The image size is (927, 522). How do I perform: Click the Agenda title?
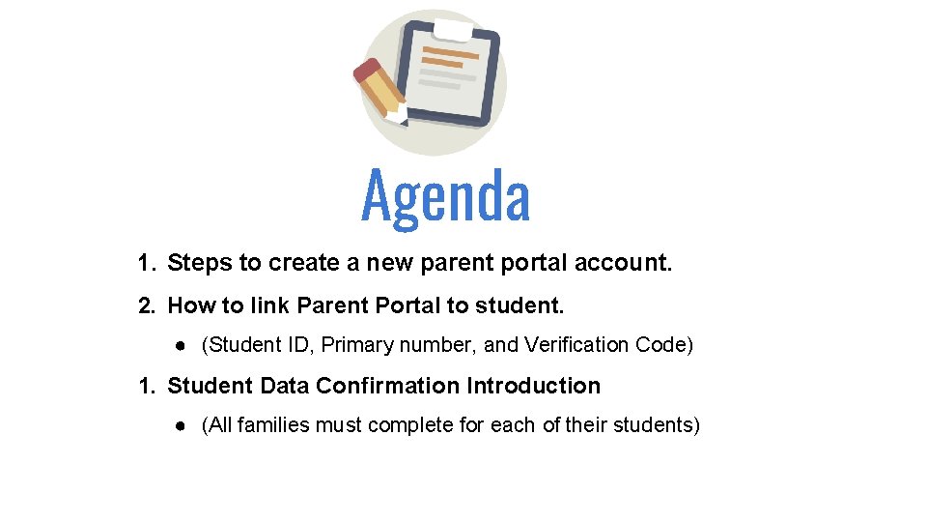click(x=445, y=196)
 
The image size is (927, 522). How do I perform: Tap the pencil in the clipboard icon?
click(x=380, y=92)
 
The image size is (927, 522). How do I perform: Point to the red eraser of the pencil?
click(x=366, y=69)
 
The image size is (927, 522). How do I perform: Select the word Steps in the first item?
click(x=200, y=263)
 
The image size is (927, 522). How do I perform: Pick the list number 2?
click(x=146, y=306)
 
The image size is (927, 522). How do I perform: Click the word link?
click(x=269, y=306)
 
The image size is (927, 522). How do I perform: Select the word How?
click(x=191, y=306)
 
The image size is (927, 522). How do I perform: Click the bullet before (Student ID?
click(x=181, y=346)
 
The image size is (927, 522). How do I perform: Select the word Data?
click(x=285, y=386)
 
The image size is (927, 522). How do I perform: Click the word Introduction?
click(x=533, y=386)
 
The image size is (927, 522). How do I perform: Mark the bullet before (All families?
click(x=181, y=425)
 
